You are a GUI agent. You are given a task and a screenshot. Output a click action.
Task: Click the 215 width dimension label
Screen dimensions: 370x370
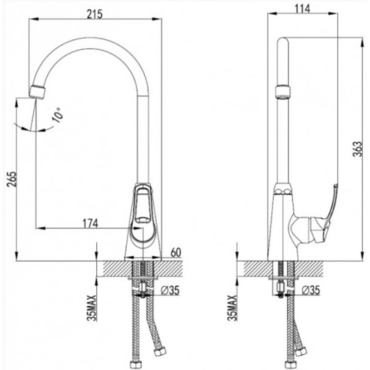(x=95, y=14)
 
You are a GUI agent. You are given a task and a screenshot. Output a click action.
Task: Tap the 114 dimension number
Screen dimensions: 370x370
(x=302, y=9)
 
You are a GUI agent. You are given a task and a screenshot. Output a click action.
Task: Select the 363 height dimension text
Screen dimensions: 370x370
(x=357, y=149)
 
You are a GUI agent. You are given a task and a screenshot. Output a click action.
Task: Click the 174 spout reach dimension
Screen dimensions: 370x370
(x=90, y=223)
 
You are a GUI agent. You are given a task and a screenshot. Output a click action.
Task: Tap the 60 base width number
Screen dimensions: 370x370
(x=176, y=253)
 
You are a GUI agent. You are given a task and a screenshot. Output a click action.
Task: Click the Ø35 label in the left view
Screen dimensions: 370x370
(x=170, y=290)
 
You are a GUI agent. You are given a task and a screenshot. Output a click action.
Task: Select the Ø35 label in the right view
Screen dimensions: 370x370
(x=311, y=290)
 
